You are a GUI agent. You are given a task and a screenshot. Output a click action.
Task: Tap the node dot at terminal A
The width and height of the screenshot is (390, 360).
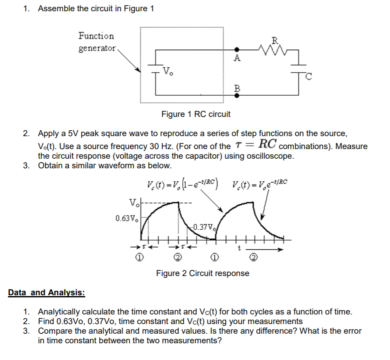[237, 49]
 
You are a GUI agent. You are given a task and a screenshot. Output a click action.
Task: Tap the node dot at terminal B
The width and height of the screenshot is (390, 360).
[237, 95]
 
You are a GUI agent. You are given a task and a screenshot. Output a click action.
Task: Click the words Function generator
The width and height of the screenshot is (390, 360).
[97, 42]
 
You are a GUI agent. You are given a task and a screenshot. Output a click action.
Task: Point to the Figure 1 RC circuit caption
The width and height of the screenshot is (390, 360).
[196, 114]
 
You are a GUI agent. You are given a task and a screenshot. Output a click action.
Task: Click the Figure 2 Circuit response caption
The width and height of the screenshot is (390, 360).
[203, 273]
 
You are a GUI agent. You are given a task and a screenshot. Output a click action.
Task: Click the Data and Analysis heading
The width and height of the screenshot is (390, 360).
[46, 292]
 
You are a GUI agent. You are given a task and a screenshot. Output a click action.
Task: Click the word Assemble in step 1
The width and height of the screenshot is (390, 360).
[56, 9]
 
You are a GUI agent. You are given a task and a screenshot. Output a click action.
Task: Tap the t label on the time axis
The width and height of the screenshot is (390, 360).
[239, 248]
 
